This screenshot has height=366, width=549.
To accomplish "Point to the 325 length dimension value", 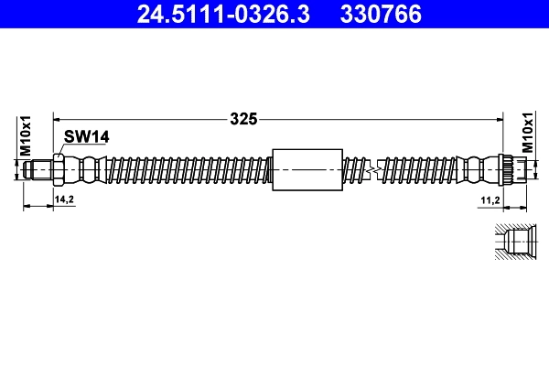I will tap(242, 118).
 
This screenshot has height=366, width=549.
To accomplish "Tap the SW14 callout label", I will tap(87, 136).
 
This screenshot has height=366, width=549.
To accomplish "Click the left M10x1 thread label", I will tap(27, 135).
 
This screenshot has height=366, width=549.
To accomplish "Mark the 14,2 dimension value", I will tap(64, 199).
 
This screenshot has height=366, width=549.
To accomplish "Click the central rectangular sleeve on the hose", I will tap(307, 169).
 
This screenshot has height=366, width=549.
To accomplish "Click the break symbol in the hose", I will tap(371, 169).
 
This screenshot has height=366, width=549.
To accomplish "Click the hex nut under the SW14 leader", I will tap(59, 169).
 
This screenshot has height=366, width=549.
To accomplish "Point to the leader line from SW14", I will tap(61, 148).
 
